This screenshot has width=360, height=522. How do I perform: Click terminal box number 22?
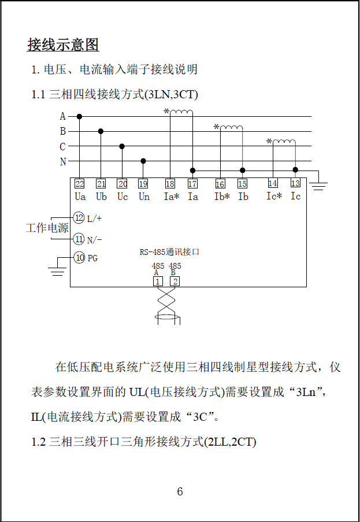[x=80, y=184]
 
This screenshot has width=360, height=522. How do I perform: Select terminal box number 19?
[x=143, y=184]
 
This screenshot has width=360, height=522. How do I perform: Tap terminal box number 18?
[x=170, y=184]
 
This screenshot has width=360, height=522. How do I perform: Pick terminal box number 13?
[x=295, y=183]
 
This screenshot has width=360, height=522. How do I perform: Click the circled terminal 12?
[x=79, y=218]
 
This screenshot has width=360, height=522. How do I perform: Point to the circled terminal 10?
[x=79, y=258]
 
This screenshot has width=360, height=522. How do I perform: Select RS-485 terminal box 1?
[x=157, y=282]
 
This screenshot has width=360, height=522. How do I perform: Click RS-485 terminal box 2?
[x=174, y=282]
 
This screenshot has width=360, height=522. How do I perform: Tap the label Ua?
[x=80, y=197]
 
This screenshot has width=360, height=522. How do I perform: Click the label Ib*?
[x=222, y=197]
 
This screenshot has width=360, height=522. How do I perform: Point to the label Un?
[x=144, y=197]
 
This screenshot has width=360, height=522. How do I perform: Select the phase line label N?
[x=63, y=162]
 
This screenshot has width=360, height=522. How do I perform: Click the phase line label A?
[x=63, y=117]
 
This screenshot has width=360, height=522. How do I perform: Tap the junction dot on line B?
[x=101, y=131]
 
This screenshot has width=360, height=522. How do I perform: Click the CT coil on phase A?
[x=181, y=112]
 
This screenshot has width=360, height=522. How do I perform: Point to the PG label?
[x=92, y=258]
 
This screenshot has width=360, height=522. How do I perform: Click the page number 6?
[x=180, y=492]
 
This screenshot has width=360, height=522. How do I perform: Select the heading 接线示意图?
[x=63, y=45]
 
